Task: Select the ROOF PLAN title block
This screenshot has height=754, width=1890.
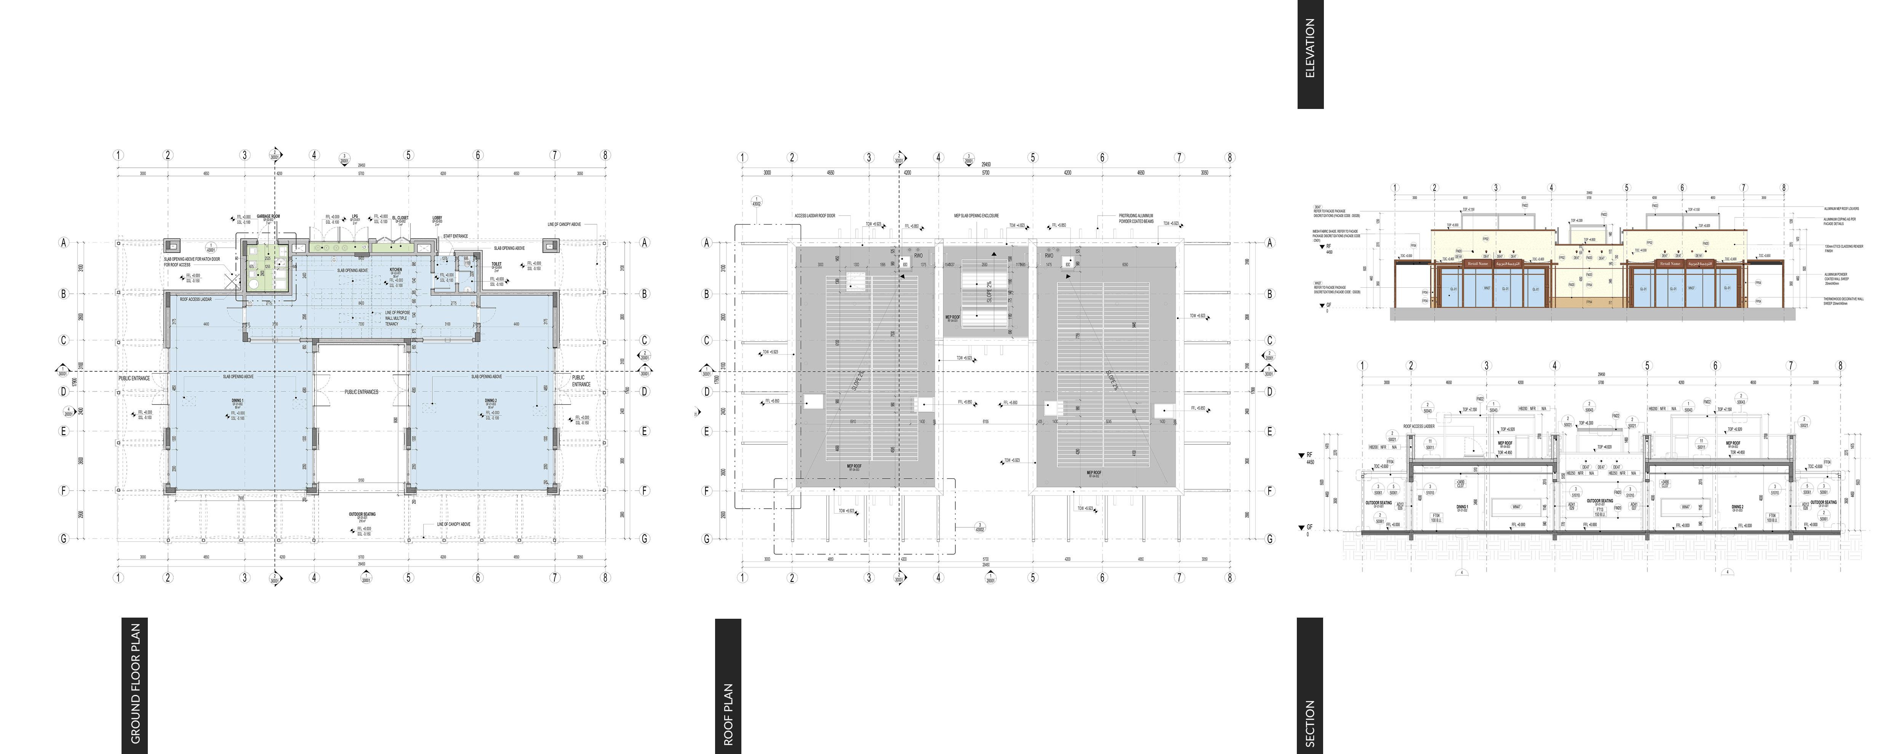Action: coord(728,686)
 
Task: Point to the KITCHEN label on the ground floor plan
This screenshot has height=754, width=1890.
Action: coord(395,269)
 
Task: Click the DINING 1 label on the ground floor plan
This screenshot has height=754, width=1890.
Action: coord(237,400)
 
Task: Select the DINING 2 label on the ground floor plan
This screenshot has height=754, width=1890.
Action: coord(491,400)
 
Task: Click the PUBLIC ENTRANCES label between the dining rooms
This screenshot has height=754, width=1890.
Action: coord(362,392)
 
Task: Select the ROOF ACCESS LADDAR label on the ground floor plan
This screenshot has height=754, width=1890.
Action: coord(196,299)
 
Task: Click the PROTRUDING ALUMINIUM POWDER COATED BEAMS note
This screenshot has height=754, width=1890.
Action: coord(1136,219)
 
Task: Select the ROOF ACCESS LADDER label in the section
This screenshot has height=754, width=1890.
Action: coord(1418,426)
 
